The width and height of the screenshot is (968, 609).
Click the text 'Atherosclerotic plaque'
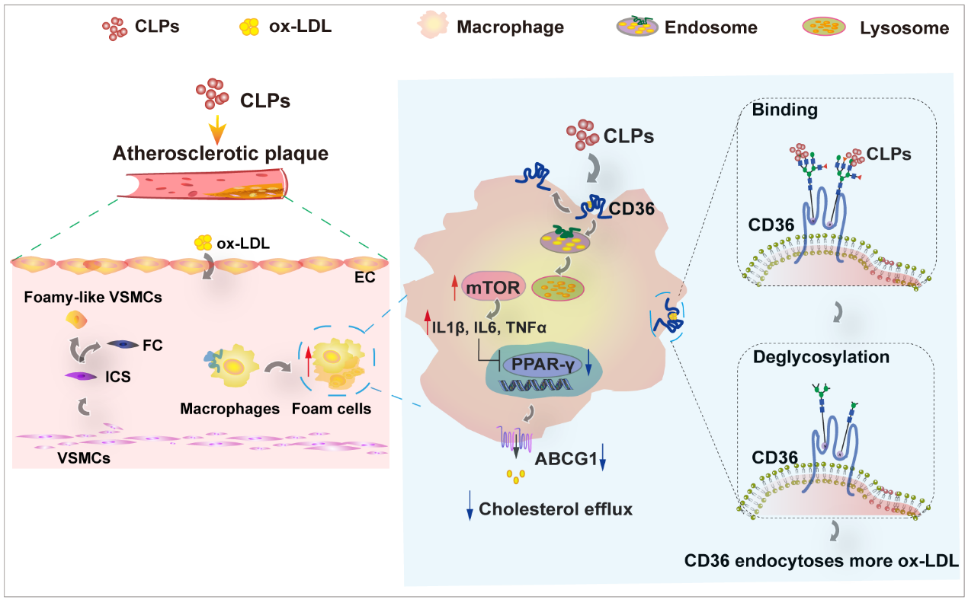click(220, 154)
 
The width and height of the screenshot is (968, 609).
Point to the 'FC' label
click(152, 345)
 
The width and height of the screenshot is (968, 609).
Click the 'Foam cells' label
click(332, 409)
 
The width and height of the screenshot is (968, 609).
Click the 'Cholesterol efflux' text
click(556, 509)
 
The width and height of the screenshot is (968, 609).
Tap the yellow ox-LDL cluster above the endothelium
click(203, 243)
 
